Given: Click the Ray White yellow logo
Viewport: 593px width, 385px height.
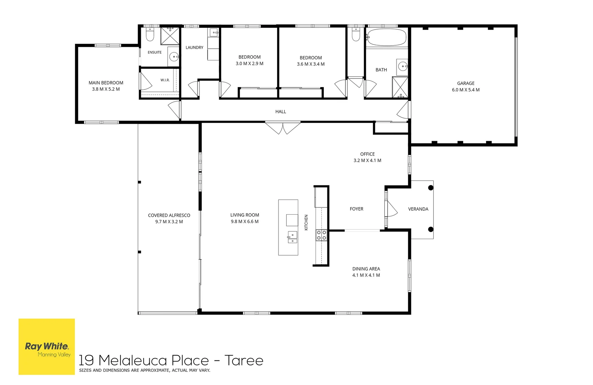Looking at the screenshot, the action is point(47,346).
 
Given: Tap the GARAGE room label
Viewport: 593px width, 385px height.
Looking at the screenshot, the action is point(466,83).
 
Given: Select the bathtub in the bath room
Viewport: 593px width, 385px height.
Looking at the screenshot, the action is point(387,37).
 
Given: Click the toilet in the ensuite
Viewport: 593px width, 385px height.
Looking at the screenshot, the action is point(150,34).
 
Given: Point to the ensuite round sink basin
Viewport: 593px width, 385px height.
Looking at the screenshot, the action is point(174,56).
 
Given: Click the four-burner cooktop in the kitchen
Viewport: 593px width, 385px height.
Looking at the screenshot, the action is point(321,235).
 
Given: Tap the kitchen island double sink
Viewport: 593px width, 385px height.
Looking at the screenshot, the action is point(292,237).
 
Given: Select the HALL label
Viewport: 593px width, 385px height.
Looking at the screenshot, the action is point(281,112).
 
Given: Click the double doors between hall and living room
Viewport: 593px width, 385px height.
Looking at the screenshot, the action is point(283,128).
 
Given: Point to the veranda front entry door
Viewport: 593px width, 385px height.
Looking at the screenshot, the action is point(391,209).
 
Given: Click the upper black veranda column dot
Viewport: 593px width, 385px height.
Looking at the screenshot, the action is point(431,188).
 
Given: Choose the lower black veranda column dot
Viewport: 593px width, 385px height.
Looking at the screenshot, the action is point(431,230).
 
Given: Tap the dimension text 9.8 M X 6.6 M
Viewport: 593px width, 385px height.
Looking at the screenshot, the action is point(245,221).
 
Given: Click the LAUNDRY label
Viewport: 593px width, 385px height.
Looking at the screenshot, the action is point(194,47).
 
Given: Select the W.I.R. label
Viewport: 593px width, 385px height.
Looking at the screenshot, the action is point(165,80).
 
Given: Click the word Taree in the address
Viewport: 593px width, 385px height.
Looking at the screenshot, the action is point(244,360).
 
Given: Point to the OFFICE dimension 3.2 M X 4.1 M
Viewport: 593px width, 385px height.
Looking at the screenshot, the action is point(367,160).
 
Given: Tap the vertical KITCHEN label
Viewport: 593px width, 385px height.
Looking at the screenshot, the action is point(306,222).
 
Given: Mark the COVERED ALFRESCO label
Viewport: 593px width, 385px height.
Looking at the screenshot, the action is point(169,215).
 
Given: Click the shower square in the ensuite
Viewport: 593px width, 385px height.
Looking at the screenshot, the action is point(170,36).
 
